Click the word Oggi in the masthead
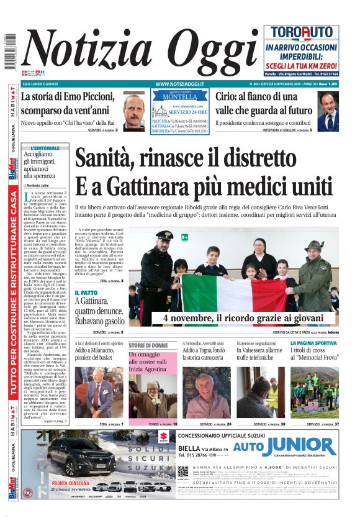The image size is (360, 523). pyautogui.click(x=201, y=52)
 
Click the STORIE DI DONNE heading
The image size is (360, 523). pyautogui.click(x=148, y=345)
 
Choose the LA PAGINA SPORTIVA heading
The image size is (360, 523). pyautogui.click(x=313, y=343)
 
